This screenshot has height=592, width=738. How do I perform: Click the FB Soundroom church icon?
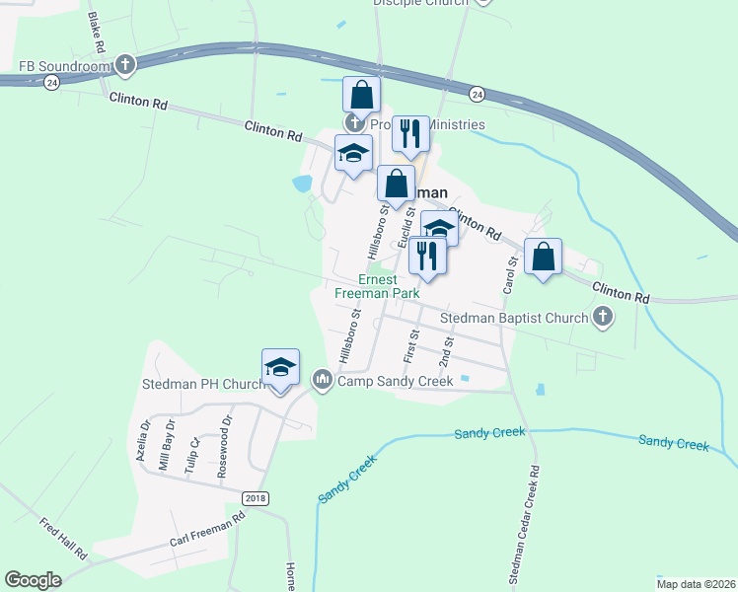click(124, 66)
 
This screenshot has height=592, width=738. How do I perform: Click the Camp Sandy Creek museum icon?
click(323, 379)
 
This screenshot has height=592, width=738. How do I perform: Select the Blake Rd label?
click(96, 33)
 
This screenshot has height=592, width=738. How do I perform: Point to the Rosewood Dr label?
click(227, 433)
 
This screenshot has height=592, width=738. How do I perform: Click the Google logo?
click(33, 579)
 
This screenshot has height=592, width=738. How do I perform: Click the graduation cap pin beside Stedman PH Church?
click(280, 367)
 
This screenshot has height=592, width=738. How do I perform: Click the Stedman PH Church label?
click(203, 384)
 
